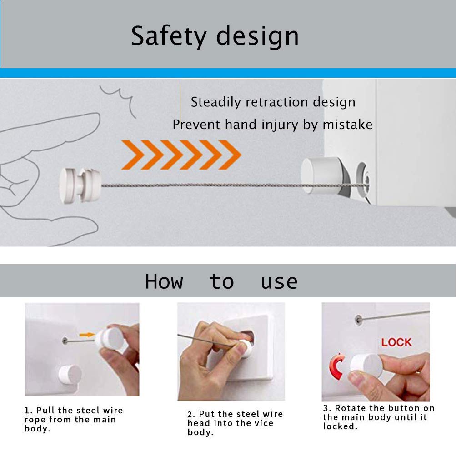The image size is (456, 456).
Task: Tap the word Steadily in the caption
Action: point(215,102)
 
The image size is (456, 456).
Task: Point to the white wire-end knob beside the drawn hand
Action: point(79,185)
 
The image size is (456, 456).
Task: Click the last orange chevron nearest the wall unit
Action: point(230,155)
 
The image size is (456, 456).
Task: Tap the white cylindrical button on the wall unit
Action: point(321,175)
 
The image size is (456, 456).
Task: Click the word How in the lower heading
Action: point(164,281)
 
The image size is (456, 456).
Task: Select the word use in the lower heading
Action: point(279,282)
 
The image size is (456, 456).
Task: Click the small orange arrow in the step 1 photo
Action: point(87,335)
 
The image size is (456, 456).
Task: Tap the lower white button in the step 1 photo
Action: point(70,374)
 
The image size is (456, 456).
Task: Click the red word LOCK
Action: point(396,342)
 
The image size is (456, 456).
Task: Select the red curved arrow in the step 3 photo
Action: point(337,366)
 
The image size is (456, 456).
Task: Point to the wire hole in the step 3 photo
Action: point(359,319)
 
